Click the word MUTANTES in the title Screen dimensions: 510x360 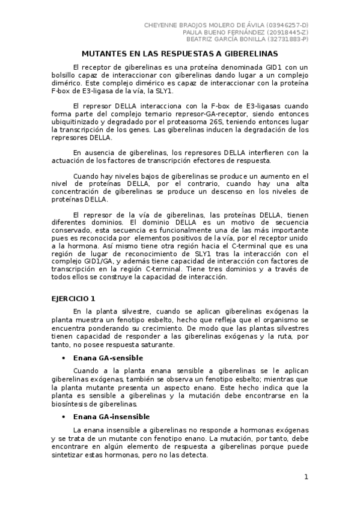coord(103,53)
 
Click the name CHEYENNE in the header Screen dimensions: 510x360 coord(162,25)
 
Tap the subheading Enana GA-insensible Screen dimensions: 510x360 coord(111,416)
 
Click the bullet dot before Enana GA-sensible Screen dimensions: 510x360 coord(63,358)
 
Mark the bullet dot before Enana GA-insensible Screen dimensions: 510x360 coord(63,417)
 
